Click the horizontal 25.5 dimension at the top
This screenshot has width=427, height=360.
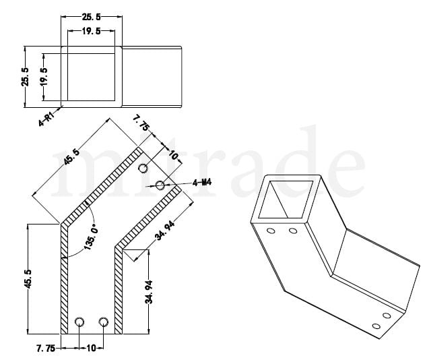[91, 17]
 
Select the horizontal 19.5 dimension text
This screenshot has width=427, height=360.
[91, 31]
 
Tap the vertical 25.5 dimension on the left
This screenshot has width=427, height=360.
[25, 77]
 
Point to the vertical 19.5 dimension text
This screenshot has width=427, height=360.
[43, 77]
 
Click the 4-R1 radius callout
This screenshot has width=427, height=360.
[46, 119]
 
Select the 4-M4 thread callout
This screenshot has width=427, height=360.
[202, 182]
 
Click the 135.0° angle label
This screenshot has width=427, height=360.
[90, 237]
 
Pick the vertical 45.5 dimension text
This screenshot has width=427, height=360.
[28, 279]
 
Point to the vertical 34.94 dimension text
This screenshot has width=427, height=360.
[149, 292]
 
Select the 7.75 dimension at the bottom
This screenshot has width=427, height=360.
[46, 348]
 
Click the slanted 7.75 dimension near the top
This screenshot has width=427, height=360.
[141, 123]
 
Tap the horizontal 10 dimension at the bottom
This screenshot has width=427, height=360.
[91, 348]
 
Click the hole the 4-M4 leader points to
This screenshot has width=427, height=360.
[160, 185]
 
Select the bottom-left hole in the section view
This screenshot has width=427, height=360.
[79, 322]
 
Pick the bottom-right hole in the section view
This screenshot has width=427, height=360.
[104, 322]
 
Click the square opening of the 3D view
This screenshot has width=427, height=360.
[285, 199]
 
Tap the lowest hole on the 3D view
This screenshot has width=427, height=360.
[376, 326]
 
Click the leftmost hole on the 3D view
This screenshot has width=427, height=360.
[271, 231]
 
